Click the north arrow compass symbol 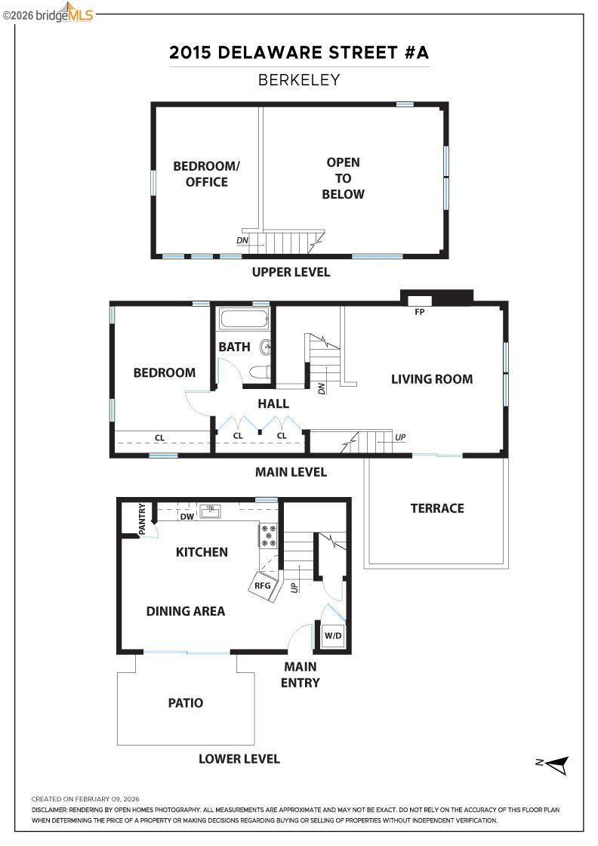click(x=556, y=764)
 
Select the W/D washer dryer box click(x=333, y=636)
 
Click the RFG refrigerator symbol click(x=262, y=585)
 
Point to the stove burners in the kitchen click(x=269, y=536)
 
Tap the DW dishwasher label click(x=187, y=517)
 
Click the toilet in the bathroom click(x=260, y=371)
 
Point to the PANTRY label click(x=141, y=519)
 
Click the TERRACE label click(x=437, y=508)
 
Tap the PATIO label click(x=185, y=703)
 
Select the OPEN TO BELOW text click(x=343, y=178)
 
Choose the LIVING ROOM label click(x=432, y=379)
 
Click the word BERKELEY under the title click(x=299, y=80)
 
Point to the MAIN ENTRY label click(x=301, y=675)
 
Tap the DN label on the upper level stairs click(x=242, y=242)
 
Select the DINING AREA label click(x=186, y=611)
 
